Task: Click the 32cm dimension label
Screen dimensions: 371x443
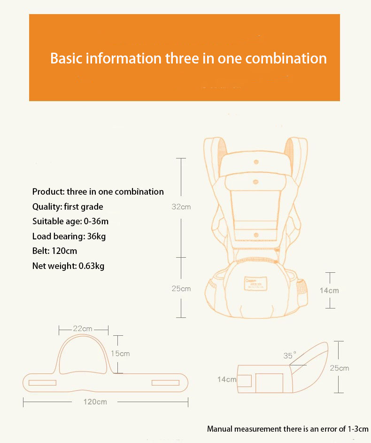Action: pyautogui.click(x=181, y=207)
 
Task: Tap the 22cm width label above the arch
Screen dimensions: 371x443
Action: pyautogui.click(x=83, y=329)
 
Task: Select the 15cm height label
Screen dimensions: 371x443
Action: pyautogui.click(x=120, y=354)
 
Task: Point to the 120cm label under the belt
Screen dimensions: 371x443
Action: pyautogui.click(x=95, y=402)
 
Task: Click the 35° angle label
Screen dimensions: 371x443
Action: pyautogui.click(x=290, y=355)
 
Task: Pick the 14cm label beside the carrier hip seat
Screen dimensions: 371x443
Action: pyautogui.click(x=329, y=291)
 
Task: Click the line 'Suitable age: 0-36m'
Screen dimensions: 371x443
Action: pyautogui.click(x=70, y=221)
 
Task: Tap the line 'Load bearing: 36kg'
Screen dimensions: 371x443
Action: pyautogui.click(x=69, y=236)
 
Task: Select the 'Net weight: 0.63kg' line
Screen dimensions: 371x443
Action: pyautogui.click(x=68, y=266)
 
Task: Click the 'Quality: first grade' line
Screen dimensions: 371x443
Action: pyautogui.click(x=68, y=206)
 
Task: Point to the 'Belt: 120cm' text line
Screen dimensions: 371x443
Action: pyautogui.click(x=54, y=251)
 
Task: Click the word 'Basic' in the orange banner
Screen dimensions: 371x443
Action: pyautogui.click(x=66, y=58)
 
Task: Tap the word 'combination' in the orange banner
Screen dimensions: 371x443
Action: pyautogui.click(x=286, y=58)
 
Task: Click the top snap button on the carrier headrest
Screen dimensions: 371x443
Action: pyautogui.click(x=256, y=162)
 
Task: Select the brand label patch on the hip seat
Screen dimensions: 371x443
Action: pyautogui.click(x=255, y=283)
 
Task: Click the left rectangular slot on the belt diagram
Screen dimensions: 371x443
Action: pyautogui.click(x=42, y=383)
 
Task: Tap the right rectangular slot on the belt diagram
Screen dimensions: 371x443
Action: pyautogui.click(x=165, y=383)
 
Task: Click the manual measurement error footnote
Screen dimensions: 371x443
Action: pyautogui.click(x=287, y=429)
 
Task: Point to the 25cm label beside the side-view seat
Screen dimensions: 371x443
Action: pyautogui.click(x=340, y=368)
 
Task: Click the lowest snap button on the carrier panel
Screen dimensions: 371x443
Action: pyautogui.click(x=256, y=235)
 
